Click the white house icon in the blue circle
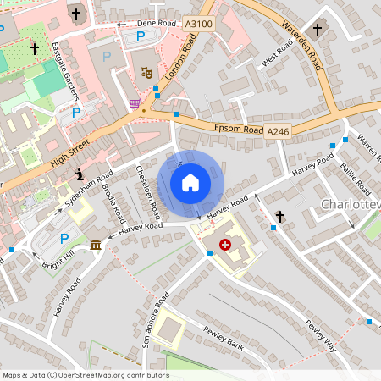(x=190, y=183)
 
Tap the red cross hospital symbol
(x=225, y=245)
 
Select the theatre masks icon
(x=146, y=75)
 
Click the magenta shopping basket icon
(x=135, y=103)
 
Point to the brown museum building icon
(x=95, y=245)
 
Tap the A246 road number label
(x=278, y=132)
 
